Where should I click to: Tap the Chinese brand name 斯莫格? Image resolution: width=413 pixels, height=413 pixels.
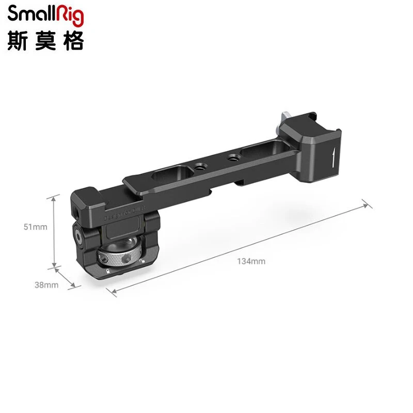(45, 41)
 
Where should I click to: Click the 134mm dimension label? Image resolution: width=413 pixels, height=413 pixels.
(251, 261)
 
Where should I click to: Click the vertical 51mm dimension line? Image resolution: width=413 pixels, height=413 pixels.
(54, 232)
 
